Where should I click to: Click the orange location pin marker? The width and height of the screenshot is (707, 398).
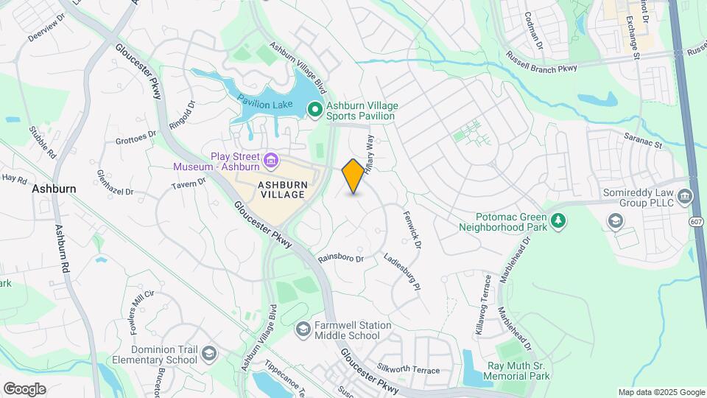click(x=353, y=176)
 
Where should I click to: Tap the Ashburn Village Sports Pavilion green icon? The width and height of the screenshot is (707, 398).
click(x=315, y=111)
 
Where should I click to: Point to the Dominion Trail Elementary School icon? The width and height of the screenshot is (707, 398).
click(x=209, y=354)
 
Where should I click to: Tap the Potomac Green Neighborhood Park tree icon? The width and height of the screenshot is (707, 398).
click(x=559, y=220)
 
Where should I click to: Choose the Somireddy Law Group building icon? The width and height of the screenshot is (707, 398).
click(x=614, y=220)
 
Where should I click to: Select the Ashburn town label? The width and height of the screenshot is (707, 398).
click(x=54, y=189)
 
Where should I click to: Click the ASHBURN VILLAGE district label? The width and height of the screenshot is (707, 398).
click(x=281, y=189)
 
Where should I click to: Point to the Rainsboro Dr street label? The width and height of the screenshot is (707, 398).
click(x=341, y=258)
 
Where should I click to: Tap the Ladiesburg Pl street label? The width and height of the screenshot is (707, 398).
click(x=402, y=271)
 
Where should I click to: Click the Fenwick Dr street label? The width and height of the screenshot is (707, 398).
click(x=411, y=229)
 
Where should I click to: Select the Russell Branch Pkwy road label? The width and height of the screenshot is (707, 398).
click(x=542, y=62)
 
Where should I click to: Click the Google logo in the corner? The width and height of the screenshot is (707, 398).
click(x=24, y=389)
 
